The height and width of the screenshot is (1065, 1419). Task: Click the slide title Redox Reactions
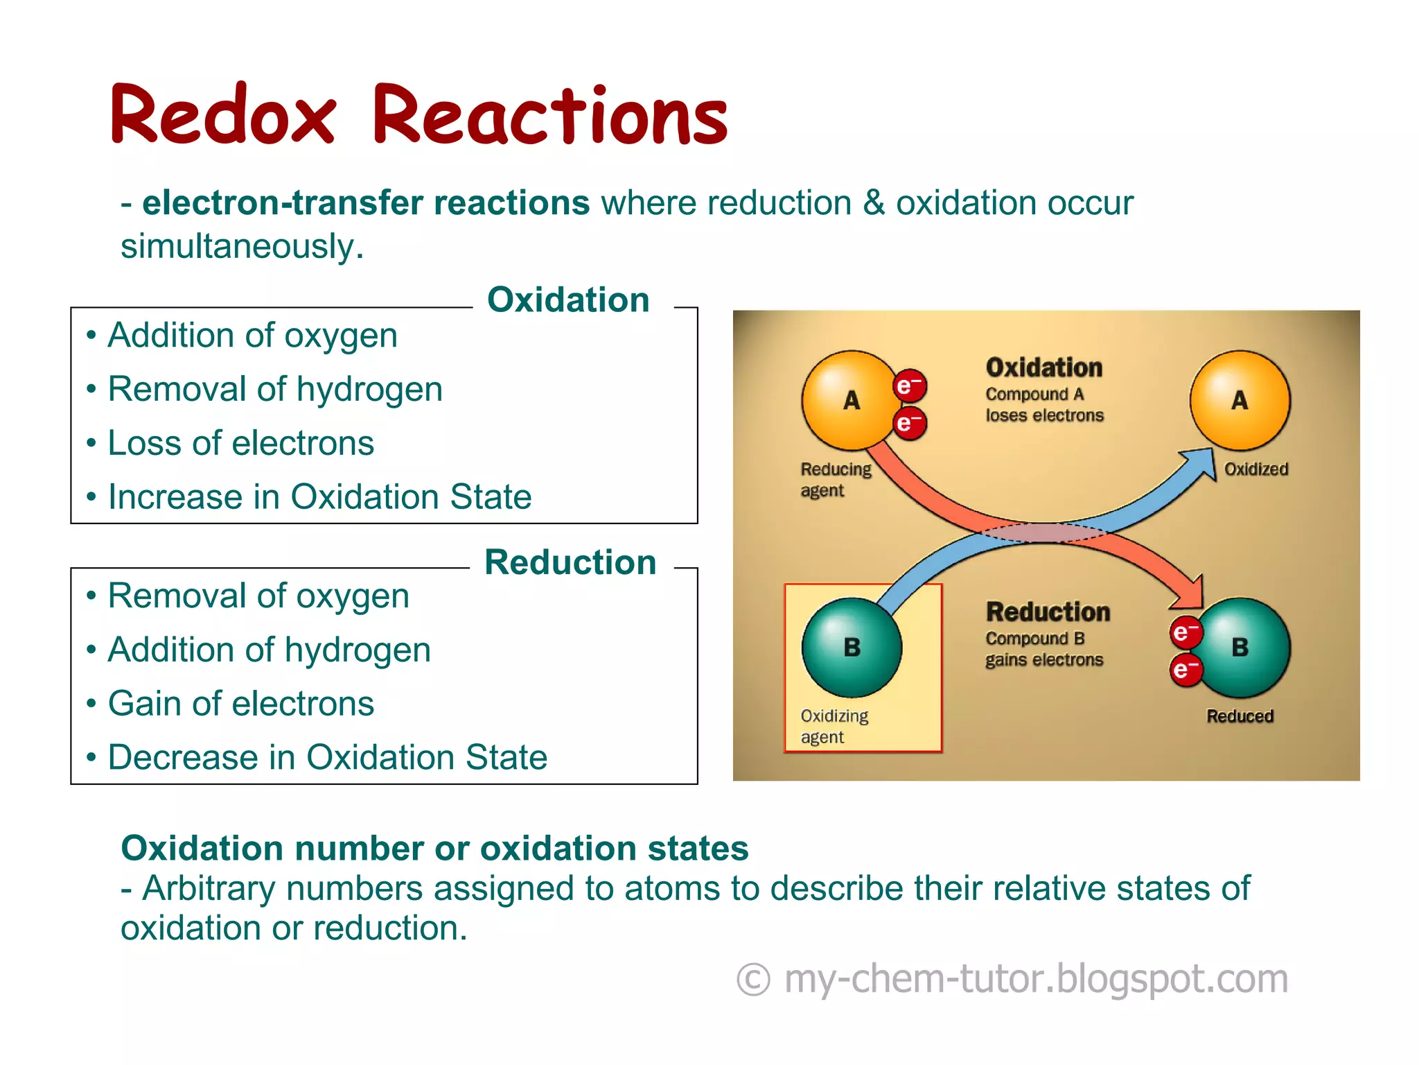pos(418,115)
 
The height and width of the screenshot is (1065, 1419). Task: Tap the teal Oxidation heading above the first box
pos(568,300)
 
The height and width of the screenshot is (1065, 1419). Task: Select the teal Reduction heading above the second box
pos(570,562)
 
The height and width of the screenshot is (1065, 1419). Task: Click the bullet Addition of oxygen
pos(252,336)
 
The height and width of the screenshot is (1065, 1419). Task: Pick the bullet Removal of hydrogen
pos(275,389)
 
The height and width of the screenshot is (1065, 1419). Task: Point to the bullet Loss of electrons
pos(240,443)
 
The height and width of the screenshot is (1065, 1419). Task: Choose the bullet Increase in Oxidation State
pos(319,497)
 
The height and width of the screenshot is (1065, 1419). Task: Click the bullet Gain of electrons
pos(240,704)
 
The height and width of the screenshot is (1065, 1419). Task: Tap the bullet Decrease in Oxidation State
pos(327,757)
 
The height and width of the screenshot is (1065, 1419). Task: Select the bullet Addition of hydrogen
pos(269,650)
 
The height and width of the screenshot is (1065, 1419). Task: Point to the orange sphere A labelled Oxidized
pos(1240,400)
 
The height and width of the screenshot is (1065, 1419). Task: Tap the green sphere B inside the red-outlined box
pos(852,647)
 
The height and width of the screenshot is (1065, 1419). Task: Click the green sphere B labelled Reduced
pos(1243,647)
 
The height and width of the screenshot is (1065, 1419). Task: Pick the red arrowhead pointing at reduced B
pos(1190,593)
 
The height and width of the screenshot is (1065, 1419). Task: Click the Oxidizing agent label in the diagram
pos(834,726)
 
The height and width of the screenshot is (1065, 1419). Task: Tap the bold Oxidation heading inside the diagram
pos(1043,367)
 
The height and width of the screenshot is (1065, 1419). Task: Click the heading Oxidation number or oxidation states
pos(434,848)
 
